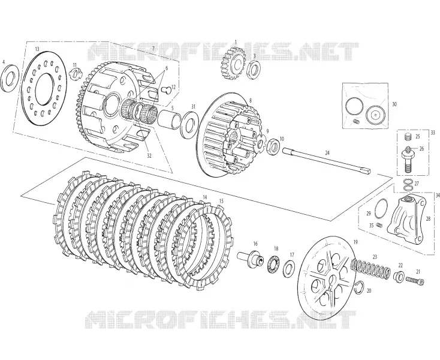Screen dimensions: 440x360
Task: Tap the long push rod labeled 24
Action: click(327, 160)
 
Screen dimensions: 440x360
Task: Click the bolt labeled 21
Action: click(414, 280)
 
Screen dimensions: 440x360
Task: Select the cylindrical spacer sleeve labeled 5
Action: click(168, 120)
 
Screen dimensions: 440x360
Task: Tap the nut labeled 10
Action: click(273, 145)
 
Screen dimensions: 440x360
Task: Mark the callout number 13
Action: click(37, 49)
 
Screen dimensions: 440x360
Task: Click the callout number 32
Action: click(149, 155)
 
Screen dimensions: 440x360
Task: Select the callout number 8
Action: click(251, 100)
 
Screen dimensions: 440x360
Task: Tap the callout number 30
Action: click(394, 104)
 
